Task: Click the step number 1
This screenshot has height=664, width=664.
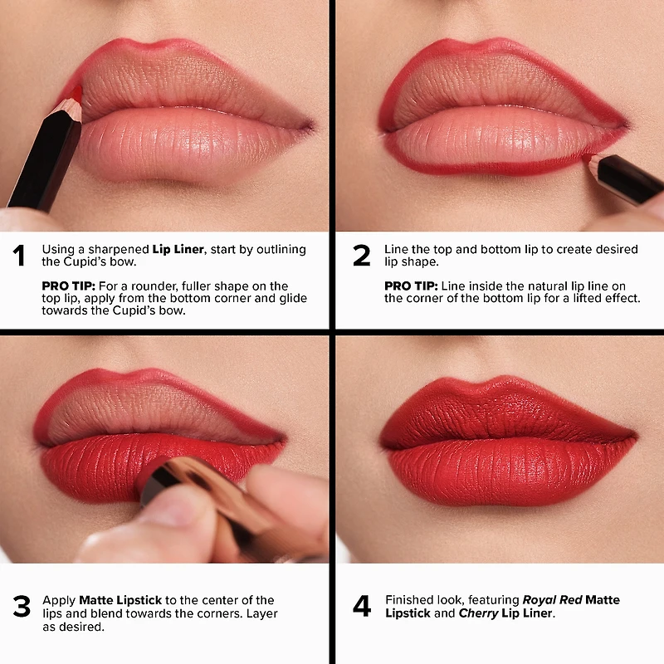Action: pos(19,256)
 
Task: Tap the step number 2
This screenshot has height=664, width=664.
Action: pos(361,256)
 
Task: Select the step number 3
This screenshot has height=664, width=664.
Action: pos(21,607)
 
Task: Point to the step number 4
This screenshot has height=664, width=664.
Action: pos(362,607)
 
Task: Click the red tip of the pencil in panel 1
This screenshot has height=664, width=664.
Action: pos(74,93)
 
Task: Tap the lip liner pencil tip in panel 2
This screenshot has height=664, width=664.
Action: pos(588,157)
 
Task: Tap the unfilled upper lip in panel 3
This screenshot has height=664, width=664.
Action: pos(149,411)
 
